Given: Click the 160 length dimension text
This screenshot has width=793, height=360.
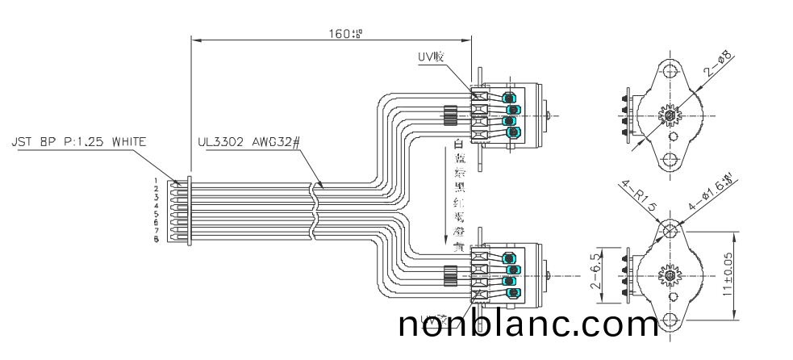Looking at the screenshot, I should [x=345, y=34].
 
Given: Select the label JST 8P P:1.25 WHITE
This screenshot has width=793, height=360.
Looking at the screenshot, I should [x=79, y=142].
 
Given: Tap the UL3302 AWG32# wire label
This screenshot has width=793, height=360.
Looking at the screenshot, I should [x=249, y=143].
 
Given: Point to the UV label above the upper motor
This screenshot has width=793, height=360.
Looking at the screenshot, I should [x=430, y=57].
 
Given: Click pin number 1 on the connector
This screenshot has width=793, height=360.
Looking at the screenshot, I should [x=156, y=181].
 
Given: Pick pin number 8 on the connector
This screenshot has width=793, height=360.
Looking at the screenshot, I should [x=156, y=240].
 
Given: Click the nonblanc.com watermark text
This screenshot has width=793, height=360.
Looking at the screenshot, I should [x=528, y=324].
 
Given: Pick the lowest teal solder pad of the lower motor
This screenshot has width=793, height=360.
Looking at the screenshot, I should [x=510, y=292].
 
